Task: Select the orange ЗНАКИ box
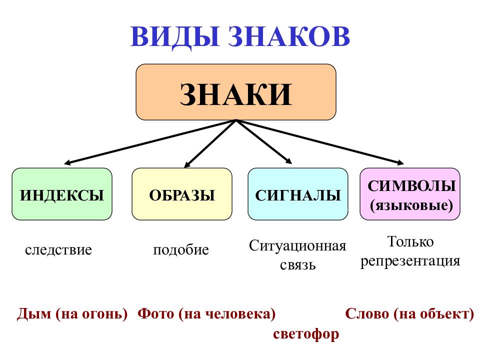tap(236, 92)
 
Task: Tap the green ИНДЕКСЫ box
tap(62, 194)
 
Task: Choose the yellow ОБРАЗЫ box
tap(182, 194)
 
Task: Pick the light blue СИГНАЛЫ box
tap(298, 194)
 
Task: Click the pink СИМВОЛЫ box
tap(410, 194)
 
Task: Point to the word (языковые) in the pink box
tap(411, 204)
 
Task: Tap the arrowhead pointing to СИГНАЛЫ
tap(288, 161)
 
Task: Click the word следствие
tap(58, 249)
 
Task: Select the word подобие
tap(180, 249)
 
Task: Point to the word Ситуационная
tap(297, 246)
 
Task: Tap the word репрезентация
tap(410, 261)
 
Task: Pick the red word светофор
tap(306, 333)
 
